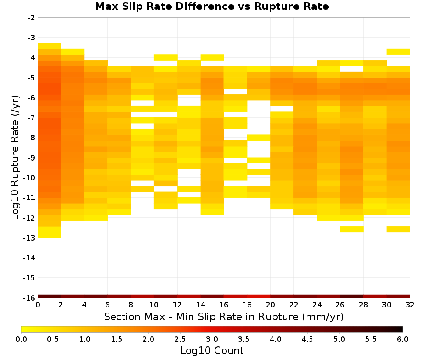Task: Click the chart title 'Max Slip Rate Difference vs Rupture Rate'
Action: [212, 6]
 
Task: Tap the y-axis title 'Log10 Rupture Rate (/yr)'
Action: [15, 158]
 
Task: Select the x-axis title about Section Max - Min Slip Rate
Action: [223, 316]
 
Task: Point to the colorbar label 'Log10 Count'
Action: [212, 351]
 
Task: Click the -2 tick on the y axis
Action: [31, 18]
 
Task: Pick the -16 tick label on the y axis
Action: [30, 298]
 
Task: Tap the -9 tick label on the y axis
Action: [31, 158]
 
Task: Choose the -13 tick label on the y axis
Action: [30, 238]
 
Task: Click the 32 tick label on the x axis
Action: [410, 305]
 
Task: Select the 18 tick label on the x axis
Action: [247, 305]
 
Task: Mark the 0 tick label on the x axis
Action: [38, 305]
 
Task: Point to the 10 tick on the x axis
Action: [154, 305]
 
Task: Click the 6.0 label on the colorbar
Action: [403, 339]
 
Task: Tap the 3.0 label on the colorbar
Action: [212, 339]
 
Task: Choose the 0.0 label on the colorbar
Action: [21, 339]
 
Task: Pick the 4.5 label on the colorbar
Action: [307, 339]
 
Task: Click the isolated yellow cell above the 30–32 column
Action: [398, 52]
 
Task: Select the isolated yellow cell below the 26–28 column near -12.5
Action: [351, 229]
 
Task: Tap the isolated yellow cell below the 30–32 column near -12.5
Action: [398, 229]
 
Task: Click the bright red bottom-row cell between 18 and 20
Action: [259, 296]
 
